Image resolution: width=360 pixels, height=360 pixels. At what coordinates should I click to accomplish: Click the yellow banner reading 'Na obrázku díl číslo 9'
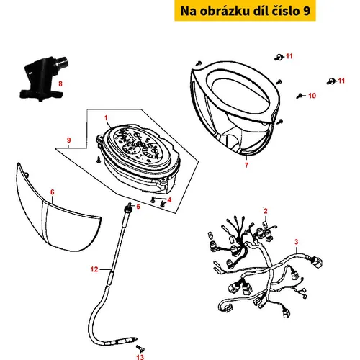coord(245,11)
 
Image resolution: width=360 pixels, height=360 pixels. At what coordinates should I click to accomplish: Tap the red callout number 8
coord(60,84)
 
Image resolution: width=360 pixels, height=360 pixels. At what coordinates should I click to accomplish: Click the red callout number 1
coord(106,118)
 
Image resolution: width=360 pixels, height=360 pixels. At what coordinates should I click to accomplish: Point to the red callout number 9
coord(69,140)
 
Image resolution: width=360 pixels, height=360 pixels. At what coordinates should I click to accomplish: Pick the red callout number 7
coord(246,165)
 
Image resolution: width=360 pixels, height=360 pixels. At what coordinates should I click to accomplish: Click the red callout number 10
coord(312,96)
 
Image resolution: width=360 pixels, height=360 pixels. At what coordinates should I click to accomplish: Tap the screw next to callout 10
coord(300,96)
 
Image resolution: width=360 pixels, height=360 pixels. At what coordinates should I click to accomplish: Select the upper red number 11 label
coord(289,56)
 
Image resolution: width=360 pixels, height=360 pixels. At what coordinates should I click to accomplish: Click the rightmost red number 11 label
coord(341,81)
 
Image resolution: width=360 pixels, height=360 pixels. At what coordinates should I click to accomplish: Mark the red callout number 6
coord(53,192)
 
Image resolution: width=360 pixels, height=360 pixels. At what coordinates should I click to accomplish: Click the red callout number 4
coord(169,199)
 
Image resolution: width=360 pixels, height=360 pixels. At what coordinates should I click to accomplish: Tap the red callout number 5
coord(138,207)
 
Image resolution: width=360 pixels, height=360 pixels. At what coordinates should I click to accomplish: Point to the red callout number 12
coord(94,269)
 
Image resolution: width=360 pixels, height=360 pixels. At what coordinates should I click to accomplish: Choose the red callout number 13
coord(140,357)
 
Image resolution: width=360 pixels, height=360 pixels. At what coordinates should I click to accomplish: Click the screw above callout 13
coord(140,348)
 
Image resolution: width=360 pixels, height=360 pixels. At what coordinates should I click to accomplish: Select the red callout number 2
coord(266,211)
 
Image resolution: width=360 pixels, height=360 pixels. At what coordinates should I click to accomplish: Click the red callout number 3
coord(297,242)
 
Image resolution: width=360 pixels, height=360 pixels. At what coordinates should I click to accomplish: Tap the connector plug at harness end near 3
coord(316,261)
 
